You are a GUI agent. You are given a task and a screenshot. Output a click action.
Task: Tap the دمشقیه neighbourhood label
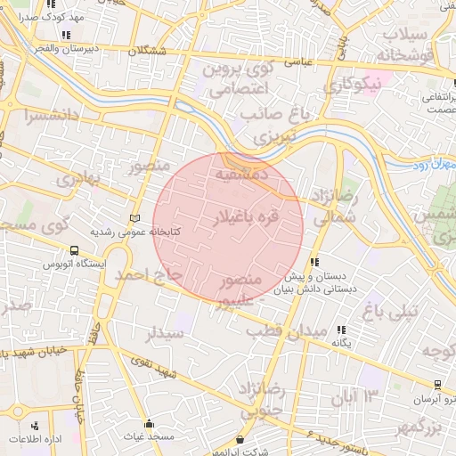click(247, 175)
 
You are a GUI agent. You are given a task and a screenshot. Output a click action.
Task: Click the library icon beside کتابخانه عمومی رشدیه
click(134, 217)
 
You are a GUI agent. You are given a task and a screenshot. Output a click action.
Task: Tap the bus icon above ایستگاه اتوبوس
click(74, 251)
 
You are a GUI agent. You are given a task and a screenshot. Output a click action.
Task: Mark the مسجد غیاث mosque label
click(149, 437)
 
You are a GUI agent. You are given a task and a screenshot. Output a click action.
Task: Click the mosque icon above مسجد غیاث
click(149, 424)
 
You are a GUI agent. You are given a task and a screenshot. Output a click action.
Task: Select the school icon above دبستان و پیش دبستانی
click(313, 262)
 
